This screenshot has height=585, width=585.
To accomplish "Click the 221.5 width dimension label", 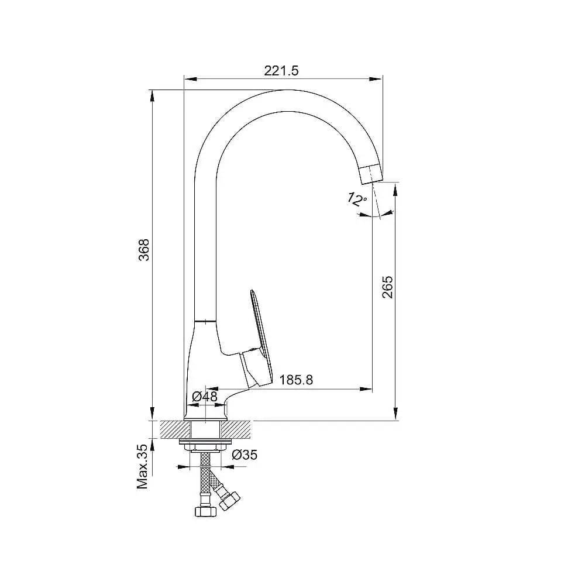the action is (281, 71).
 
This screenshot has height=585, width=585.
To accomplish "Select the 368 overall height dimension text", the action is (144, 250).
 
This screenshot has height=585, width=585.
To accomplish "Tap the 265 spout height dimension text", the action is (388, 287).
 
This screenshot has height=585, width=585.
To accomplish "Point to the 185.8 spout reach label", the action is (296, 380).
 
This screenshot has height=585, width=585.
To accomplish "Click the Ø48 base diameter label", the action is (204, 396).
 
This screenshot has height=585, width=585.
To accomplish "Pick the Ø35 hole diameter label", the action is (245, 455).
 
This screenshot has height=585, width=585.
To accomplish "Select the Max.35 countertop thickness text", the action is (143, 466).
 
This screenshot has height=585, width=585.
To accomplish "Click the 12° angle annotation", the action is (357, 199).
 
